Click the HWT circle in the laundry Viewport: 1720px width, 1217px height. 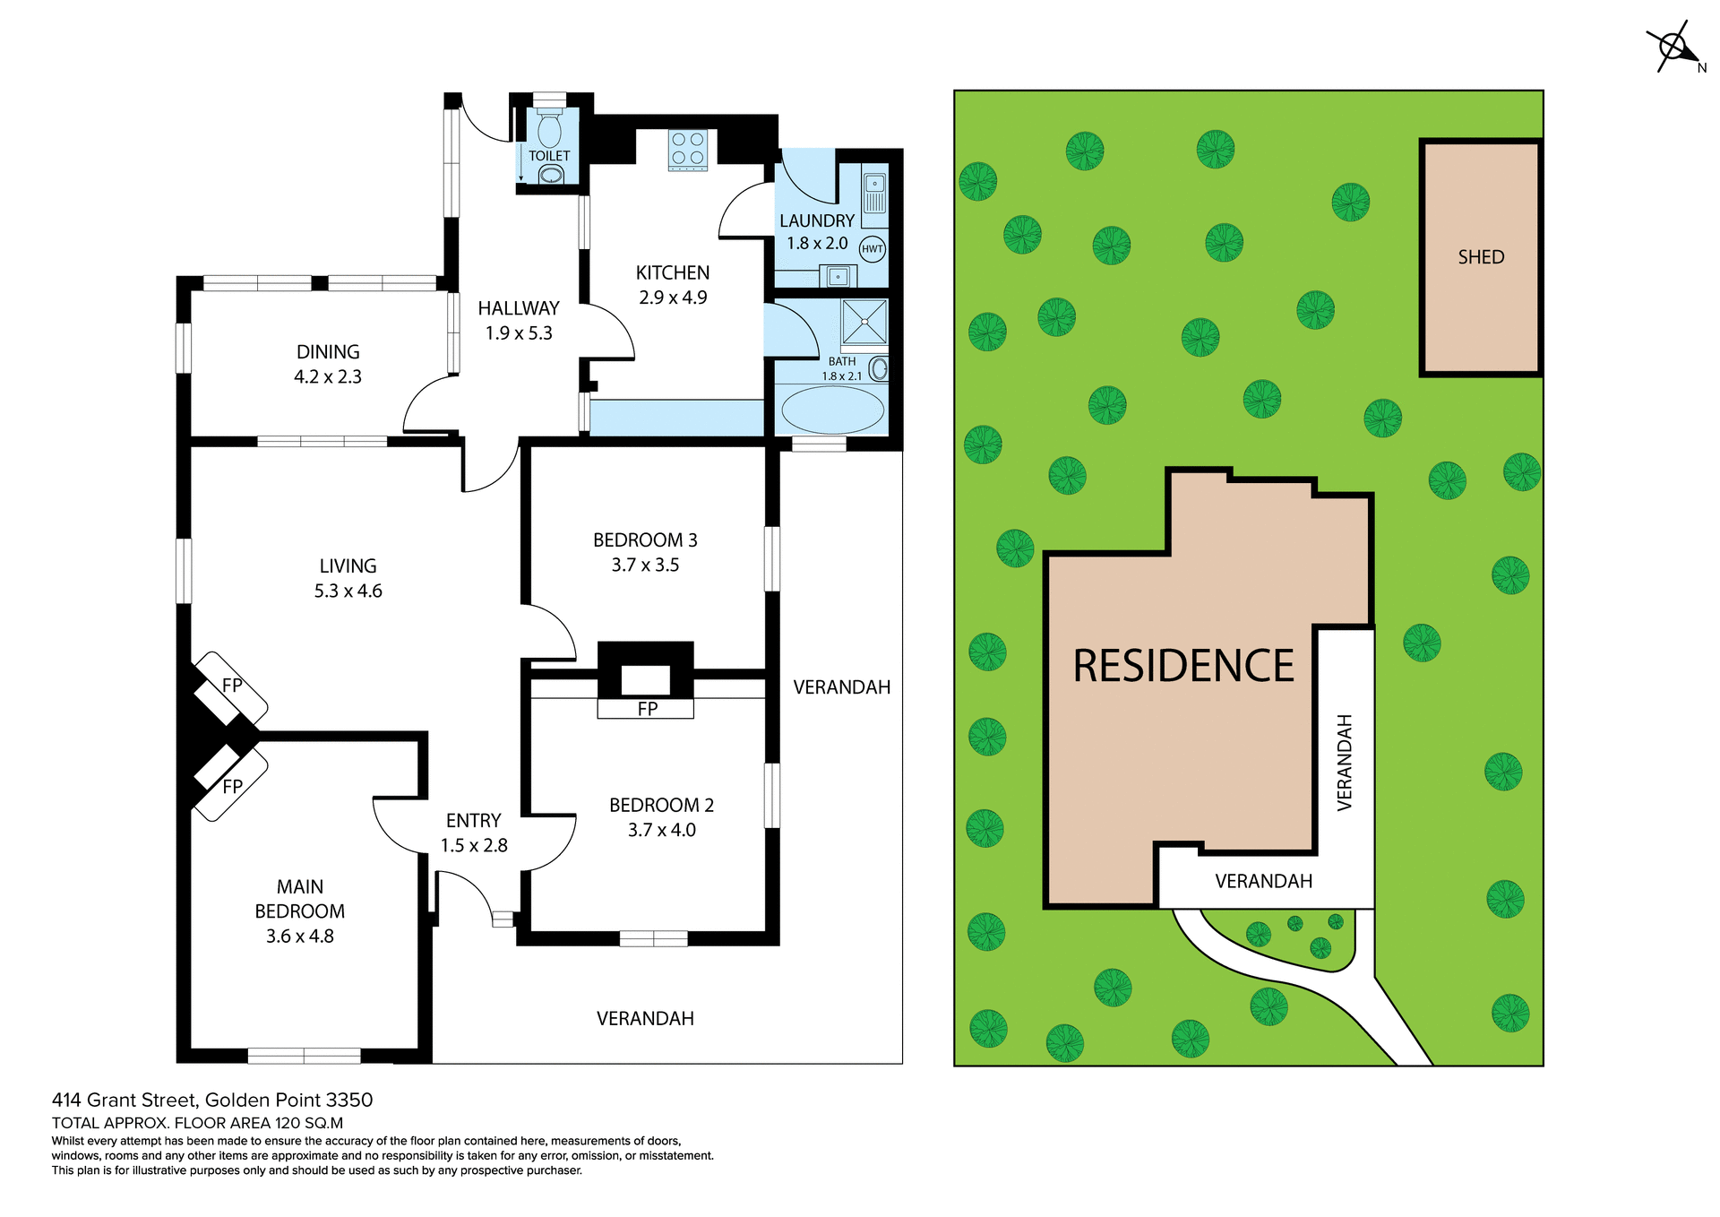(x=872, y=249)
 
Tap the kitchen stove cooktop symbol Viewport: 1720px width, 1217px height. (x=687, y=149)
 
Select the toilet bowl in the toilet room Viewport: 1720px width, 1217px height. (x=549, y=132)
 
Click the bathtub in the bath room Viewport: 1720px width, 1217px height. (x=832, y=410)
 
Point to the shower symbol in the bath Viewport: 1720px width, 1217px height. (x=864, y=322)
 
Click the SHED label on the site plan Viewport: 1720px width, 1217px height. (x=1481, y=257)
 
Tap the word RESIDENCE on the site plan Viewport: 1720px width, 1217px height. (x=1183, y=667)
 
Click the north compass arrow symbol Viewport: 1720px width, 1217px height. (x=1673, y=47)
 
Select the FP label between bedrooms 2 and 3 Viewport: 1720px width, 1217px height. (x=647, y=709)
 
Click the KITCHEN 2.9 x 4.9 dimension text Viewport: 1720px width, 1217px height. (x=673, y=298)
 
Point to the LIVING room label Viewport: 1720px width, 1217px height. (x=348, y=566)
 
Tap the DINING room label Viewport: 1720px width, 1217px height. (x=328, y=352)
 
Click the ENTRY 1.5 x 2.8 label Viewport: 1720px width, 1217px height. (x=474, y=833)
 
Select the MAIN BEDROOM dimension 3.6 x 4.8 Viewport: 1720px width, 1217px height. (x=299, y=936)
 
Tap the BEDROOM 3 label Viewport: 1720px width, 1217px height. (x=645, y=540)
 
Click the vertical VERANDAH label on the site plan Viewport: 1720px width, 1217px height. (x=1344, y=763)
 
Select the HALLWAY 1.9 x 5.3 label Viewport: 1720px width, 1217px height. (x=519, y=321)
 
